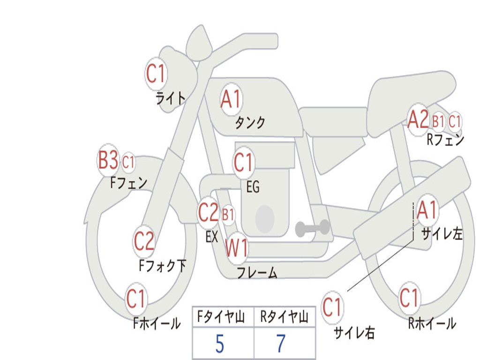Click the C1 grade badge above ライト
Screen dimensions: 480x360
156,74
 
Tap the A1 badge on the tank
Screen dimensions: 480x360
231,100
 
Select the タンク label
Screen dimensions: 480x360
250,123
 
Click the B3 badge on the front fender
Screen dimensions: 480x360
108,160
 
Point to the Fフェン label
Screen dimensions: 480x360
129,182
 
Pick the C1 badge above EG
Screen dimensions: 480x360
243,163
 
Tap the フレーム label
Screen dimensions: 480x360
256,272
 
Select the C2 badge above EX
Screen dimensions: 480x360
209,214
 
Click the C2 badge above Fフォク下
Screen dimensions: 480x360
144,241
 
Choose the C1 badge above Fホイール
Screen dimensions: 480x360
136,299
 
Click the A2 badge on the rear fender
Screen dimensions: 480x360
418,120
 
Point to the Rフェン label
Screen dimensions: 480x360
445,140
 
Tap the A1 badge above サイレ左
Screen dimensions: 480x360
427,210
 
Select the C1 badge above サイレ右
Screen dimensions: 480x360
332,308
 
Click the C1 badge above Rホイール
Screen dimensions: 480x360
409,298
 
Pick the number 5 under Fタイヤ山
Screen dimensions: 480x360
219,345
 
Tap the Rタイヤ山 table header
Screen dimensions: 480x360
284,318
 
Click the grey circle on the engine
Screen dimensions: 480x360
265,218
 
